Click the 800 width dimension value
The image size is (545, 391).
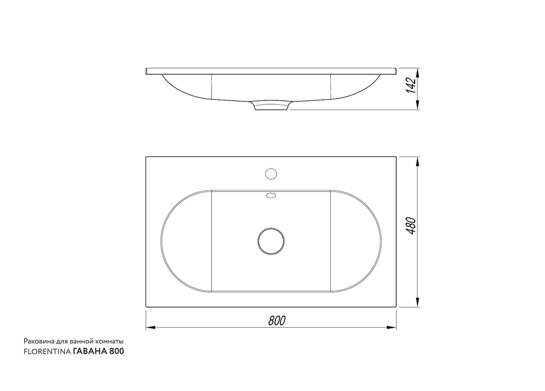[277, 321]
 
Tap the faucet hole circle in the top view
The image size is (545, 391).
[271, 173]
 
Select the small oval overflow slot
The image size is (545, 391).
[271, 195]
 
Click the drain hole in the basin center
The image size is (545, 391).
[271, 241]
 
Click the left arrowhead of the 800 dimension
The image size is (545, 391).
[150, 327]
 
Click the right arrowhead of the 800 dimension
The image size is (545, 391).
[392, 327]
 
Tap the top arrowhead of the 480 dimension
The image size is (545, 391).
[417, 161]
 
